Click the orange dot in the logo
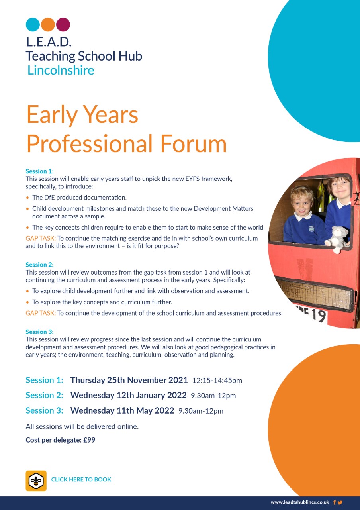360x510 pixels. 48,24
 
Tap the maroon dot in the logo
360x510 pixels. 63,24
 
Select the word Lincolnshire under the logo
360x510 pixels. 61,70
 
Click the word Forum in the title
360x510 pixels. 194,144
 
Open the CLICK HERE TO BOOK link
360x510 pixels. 81,479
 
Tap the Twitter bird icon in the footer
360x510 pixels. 340,502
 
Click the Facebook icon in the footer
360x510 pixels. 335,502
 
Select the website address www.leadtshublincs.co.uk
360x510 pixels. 300,502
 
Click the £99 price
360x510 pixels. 89,440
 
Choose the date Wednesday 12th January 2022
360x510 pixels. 128,395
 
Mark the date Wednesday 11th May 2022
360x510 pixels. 122,410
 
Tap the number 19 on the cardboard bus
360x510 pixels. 319,316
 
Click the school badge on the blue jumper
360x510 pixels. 311,229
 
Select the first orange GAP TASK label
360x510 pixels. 41,238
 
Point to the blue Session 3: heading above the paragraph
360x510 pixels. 39,332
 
